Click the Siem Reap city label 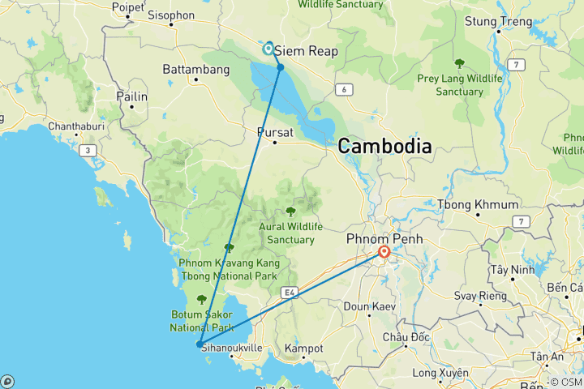[x=307, y=50]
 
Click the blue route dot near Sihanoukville [x=199, y=344]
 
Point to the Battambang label [x=196, y=70]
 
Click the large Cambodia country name [x=384, y=146]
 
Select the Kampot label [x=304, y=348]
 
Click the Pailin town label [x=132, y=96]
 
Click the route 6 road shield [x=345, y=89]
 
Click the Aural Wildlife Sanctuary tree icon [x=290, y=211]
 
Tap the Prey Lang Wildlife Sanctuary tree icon [x=459, y=62]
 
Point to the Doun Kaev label [x=370, y=307]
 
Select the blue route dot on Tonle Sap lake [x=280, y=66]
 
